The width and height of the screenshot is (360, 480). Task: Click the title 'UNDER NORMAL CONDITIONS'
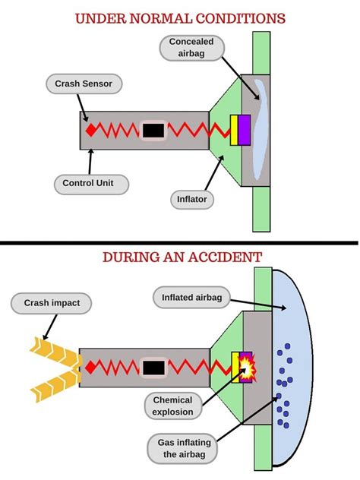pos(180,17)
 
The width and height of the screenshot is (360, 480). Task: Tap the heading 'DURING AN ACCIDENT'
pos(180,257)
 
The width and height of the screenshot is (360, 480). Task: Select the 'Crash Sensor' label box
pos(78,83)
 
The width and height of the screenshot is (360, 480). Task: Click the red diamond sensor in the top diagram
pos(90,131)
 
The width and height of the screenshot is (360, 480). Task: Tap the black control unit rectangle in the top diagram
pos(153,131)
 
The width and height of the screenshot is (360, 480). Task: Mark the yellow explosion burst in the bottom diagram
pos(249,368)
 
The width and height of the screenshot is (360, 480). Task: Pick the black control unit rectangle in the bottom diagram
pos(153,368)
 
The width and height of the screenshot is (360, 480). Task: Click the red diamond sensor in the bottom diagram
pos(90,368)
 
